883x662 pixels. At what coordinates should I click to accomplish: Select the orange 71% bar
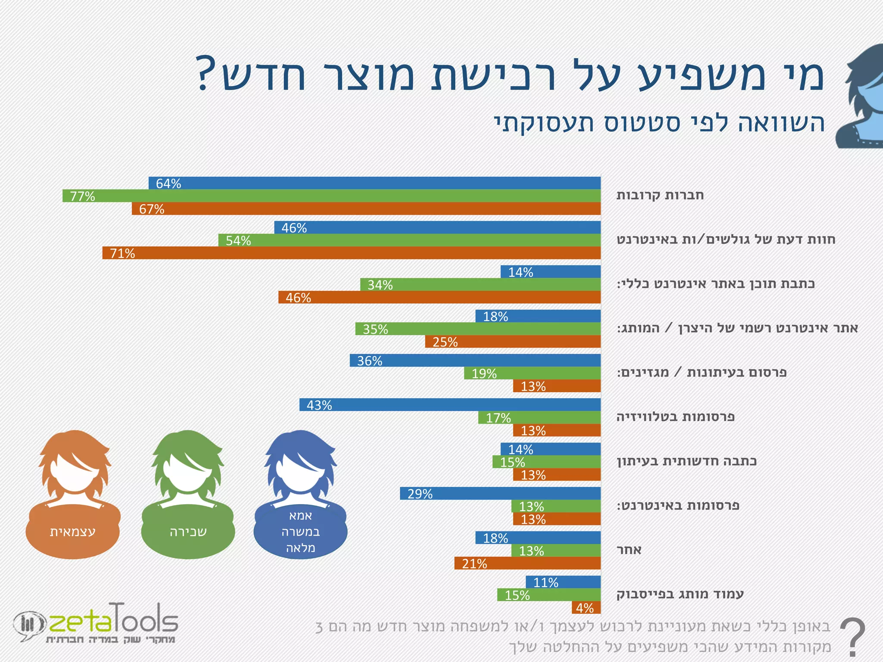[x=351, y=253]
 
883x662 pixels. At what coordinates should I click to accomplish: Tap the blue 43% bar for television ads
[x=450, y=405]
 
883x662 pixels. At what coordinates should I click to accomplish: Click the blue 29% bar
[x=500, y=493]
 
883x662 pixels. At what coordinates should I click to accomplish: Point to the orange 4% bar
[x=586, y=608]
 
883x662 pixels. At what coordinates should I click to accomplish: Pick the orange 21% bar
[x=527, y=563]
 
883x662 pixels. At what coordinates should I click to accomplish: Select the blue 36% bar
[x=475, y=360]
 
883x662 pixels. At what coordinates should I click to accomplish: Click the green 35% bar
[x=478, y=329]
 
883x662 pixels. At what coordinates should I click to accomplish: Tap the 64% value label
[x=169, y=184]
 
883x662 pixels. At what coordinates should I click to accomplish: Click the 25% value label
[x=445, y=342]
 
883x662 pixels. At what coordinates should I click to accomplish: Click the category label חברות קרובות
[x=660, y=195]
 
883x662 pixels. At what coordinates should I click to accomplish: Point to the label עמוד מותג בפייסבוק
[x=680, y=594]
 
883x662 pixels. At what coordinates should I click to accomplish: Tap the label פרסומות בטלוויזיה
[x=675, y=417]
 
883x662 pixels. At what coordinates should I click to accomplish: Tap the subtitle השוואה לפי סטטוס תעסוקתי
[x=659, y=123]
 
